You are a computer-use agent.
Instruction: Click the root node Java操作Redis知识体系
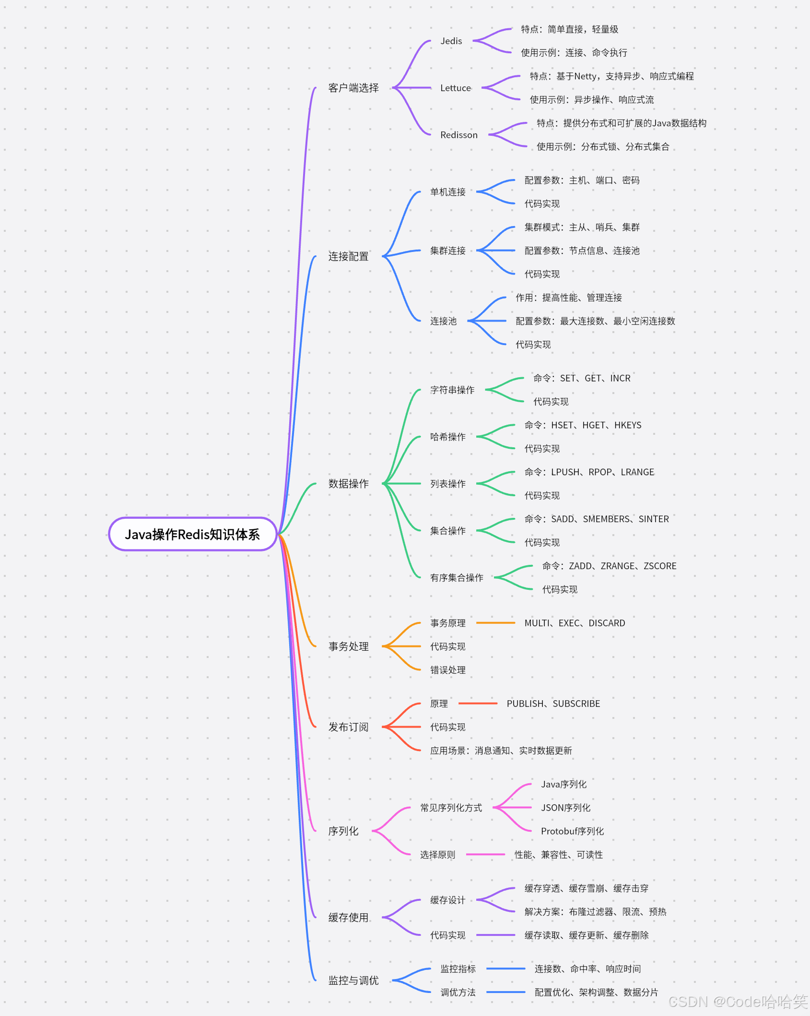192,534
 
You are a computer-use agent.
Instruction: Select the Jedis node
451,41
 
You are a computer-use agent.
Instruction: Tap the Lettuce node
456,88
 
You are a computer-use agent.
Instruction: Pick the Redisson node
459,135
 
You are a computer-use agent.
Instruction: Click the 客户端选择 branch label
353,88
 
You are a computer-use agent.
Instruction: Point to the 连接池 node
443,321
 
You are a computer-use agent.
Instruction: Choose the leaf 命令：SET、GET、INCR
582,378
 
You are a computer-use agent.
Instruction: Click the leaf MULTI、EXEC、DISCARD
575,623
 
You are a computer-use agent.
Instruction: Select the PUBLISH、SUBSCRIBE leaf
553,704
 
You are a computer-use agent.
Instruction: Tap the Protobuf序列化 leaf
572,831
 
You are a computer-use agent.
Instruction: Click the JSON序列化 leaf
565,808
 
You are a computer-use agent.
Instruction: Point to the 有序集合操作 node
457,578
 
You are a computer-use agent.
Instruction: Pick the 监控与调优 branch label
353,980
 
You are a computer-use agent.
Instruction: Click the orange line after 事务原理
495,623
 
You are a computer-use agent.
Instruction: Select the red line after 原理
478,704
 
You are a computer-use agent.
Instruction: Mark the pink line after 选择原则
485,855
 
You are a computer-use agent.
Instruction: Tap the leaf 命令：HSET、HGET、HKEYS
583,425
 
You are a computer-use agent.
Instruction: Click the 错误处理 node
447,670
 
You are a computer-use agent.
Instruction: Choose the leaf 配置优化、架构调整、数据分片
596,992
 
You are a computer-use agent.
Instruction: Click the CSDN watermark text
738,1002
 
